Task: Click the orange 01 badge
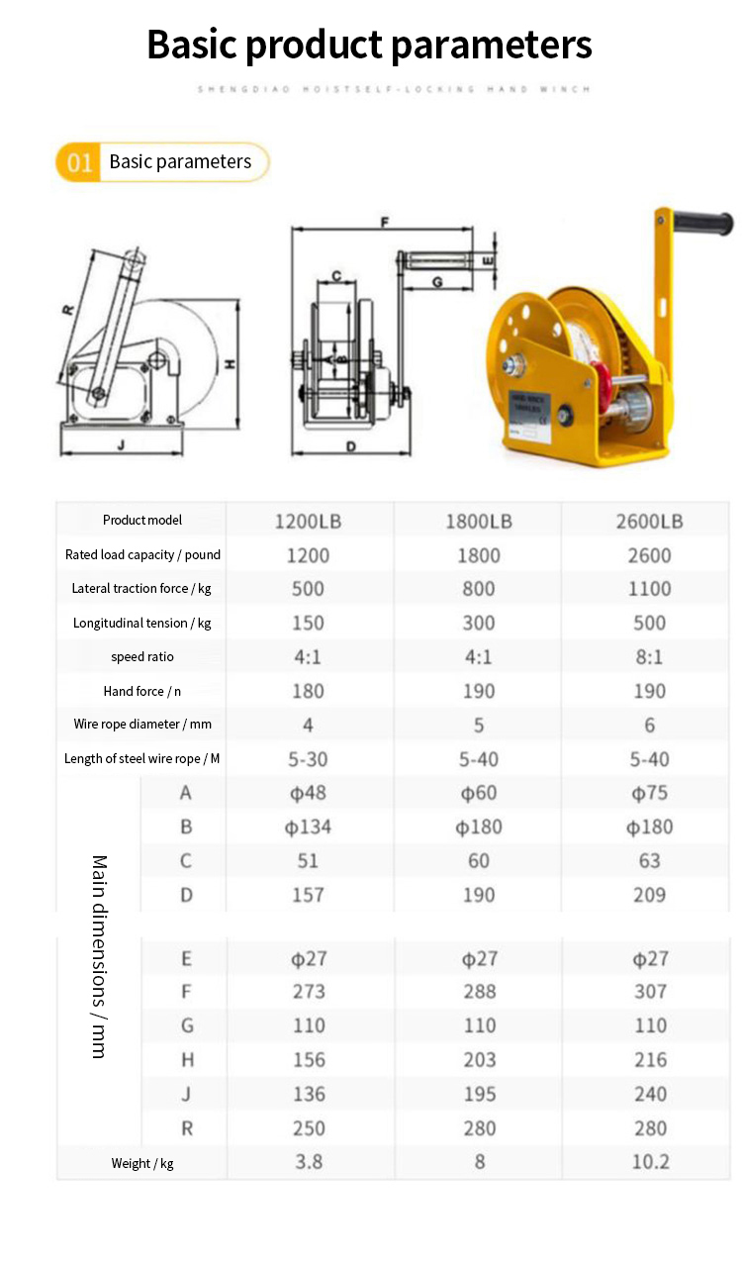[79, 162]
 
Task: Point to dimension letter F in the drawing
[384, 222]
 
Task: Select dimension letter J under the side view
[121, 444]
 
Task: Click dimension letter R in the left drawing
[68, 309]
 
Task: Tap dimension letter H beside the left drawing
[229, 364]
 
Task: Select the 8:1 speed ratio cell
[649, 657]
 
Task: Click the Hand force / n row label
[142, 691]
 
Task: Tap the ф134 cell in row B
[308, 827]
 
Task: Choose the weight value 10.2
[650, 1162]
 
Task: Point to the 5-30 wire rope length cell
[308, 759]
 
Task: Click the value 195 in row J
[479, 1094]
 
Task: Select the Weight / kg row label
[142, 1163]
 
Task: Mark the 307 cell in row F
[650, 992]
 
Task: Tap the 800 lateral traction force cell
[479, 589]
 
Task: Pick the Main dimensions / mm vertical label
[99, 956]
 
